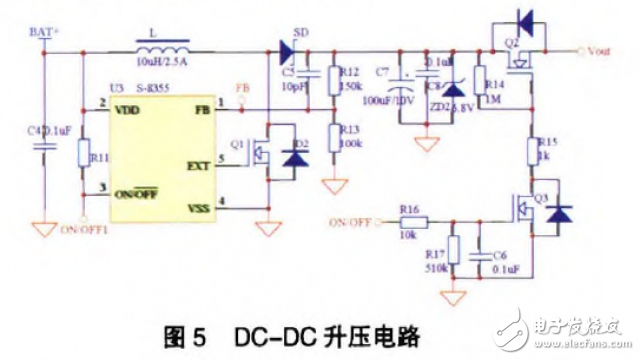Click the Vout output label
click(601, 49)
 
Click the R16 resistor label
click(409, 210)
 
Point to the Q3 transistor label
click(540, 197)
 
